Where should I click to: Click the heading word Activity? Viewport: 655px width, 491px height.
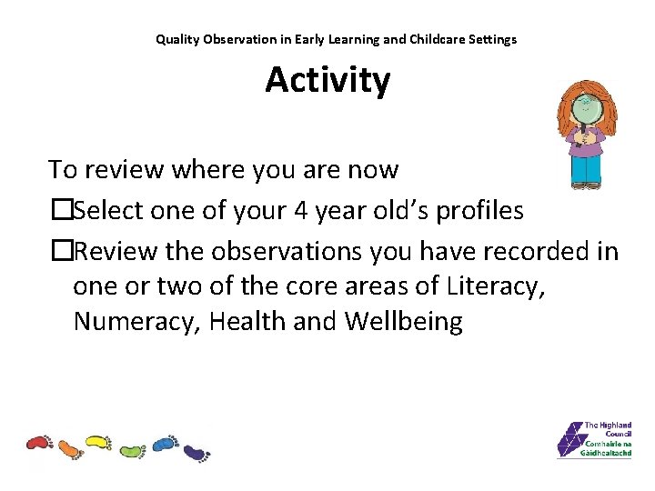[x=327, y=80]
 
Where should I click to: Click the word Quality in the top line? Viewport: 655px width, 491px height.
[x=176, y=39]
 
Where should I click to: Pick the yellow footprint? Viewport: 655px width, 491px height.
[x=97, y=443]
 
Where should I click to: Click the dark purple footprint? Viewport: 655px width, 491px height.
[x=196, y=451]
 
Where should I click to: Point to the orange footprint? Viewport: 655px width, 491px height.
[x=69, y=447]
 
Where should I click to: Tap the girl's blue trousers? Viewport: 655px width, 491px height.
[x=585, y=169]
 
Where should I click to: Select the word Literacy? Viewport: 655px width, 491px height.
[x=497, y=286]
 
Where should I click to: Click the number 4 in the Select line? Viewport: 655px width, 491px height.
[x=302, y=211]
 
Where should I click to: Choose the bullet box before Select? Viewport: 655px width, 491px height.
[x=60, y=211]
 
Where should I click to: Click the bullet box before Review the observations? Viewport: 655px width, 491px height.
[x=60, y=251]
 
